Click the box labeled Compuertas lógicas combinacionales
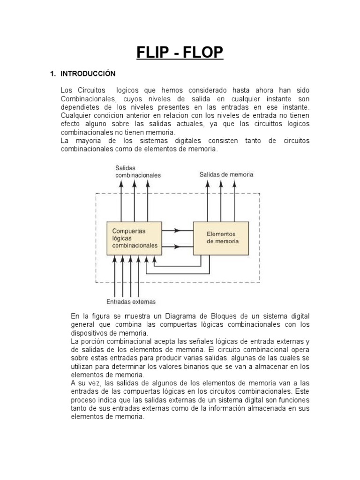[x=135, y=238]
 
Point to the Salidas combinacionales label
[x=138, y=171]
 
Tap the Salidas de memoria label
[x=226, y=174]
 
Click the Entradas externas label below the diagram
[x=131, y=301]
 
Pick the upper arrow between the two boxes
[x=177, y=230]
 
